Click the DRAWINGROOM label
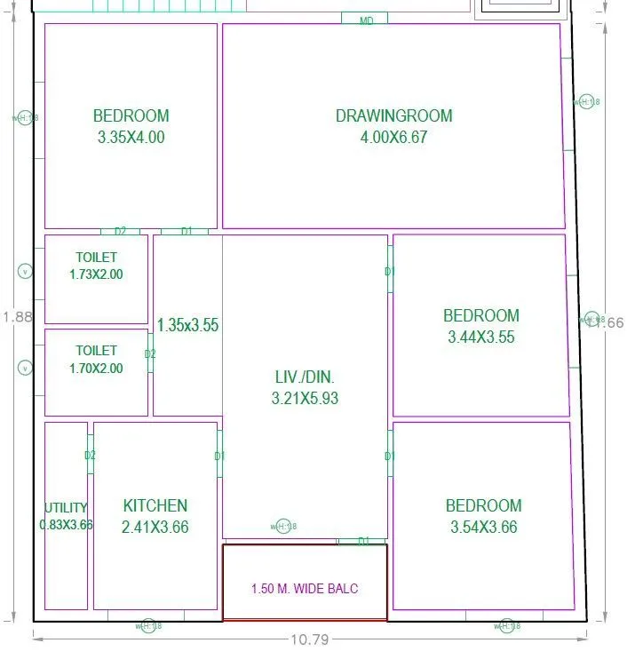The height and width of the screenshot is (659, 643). coord(393,115)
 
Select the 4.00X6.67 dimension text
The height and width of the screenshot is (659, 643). coord(393,138)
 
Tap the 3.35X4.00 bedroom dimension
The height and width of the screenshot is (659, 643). coord(131,138)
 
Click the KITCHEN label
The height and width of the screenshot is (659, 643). coord(155,505)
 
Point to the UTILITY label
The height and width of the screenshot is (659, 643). coord(66,508)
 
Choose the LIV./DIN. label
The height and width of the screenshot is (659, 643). coord(305,377)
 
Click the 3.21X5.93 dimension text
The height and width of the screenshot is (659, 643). coord(305,399)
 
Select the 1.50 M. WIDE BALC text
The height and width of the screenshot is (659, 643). coord(305,589)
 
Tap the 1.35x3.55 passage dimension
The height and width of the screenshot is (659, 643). coord(187,325)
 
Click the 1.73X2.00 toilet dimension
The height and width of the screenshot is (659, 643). coord(96,274)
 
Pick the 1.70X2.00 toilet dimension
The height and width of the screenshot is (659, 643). coord(96,369)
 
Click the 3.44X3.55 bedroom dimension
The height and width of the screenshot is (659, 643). coord(480,337)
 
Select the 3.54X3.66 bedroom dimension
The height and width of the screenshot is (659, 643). coord(483,527)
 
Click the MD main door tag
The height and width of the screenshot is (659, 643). coord(366,20)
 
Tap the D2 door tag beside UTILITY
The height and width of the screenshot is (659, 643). coord(90,456)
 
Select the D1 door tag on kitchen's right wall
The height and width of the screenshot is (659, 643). coord(219,457)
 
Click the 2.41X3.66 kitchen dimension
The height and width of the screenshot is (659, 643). coord(155,527)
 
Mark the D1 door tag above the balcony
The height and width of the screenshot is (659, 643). coord(363,541)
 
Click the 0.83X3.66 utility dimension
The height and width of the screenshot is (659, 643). coord(66,525)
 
